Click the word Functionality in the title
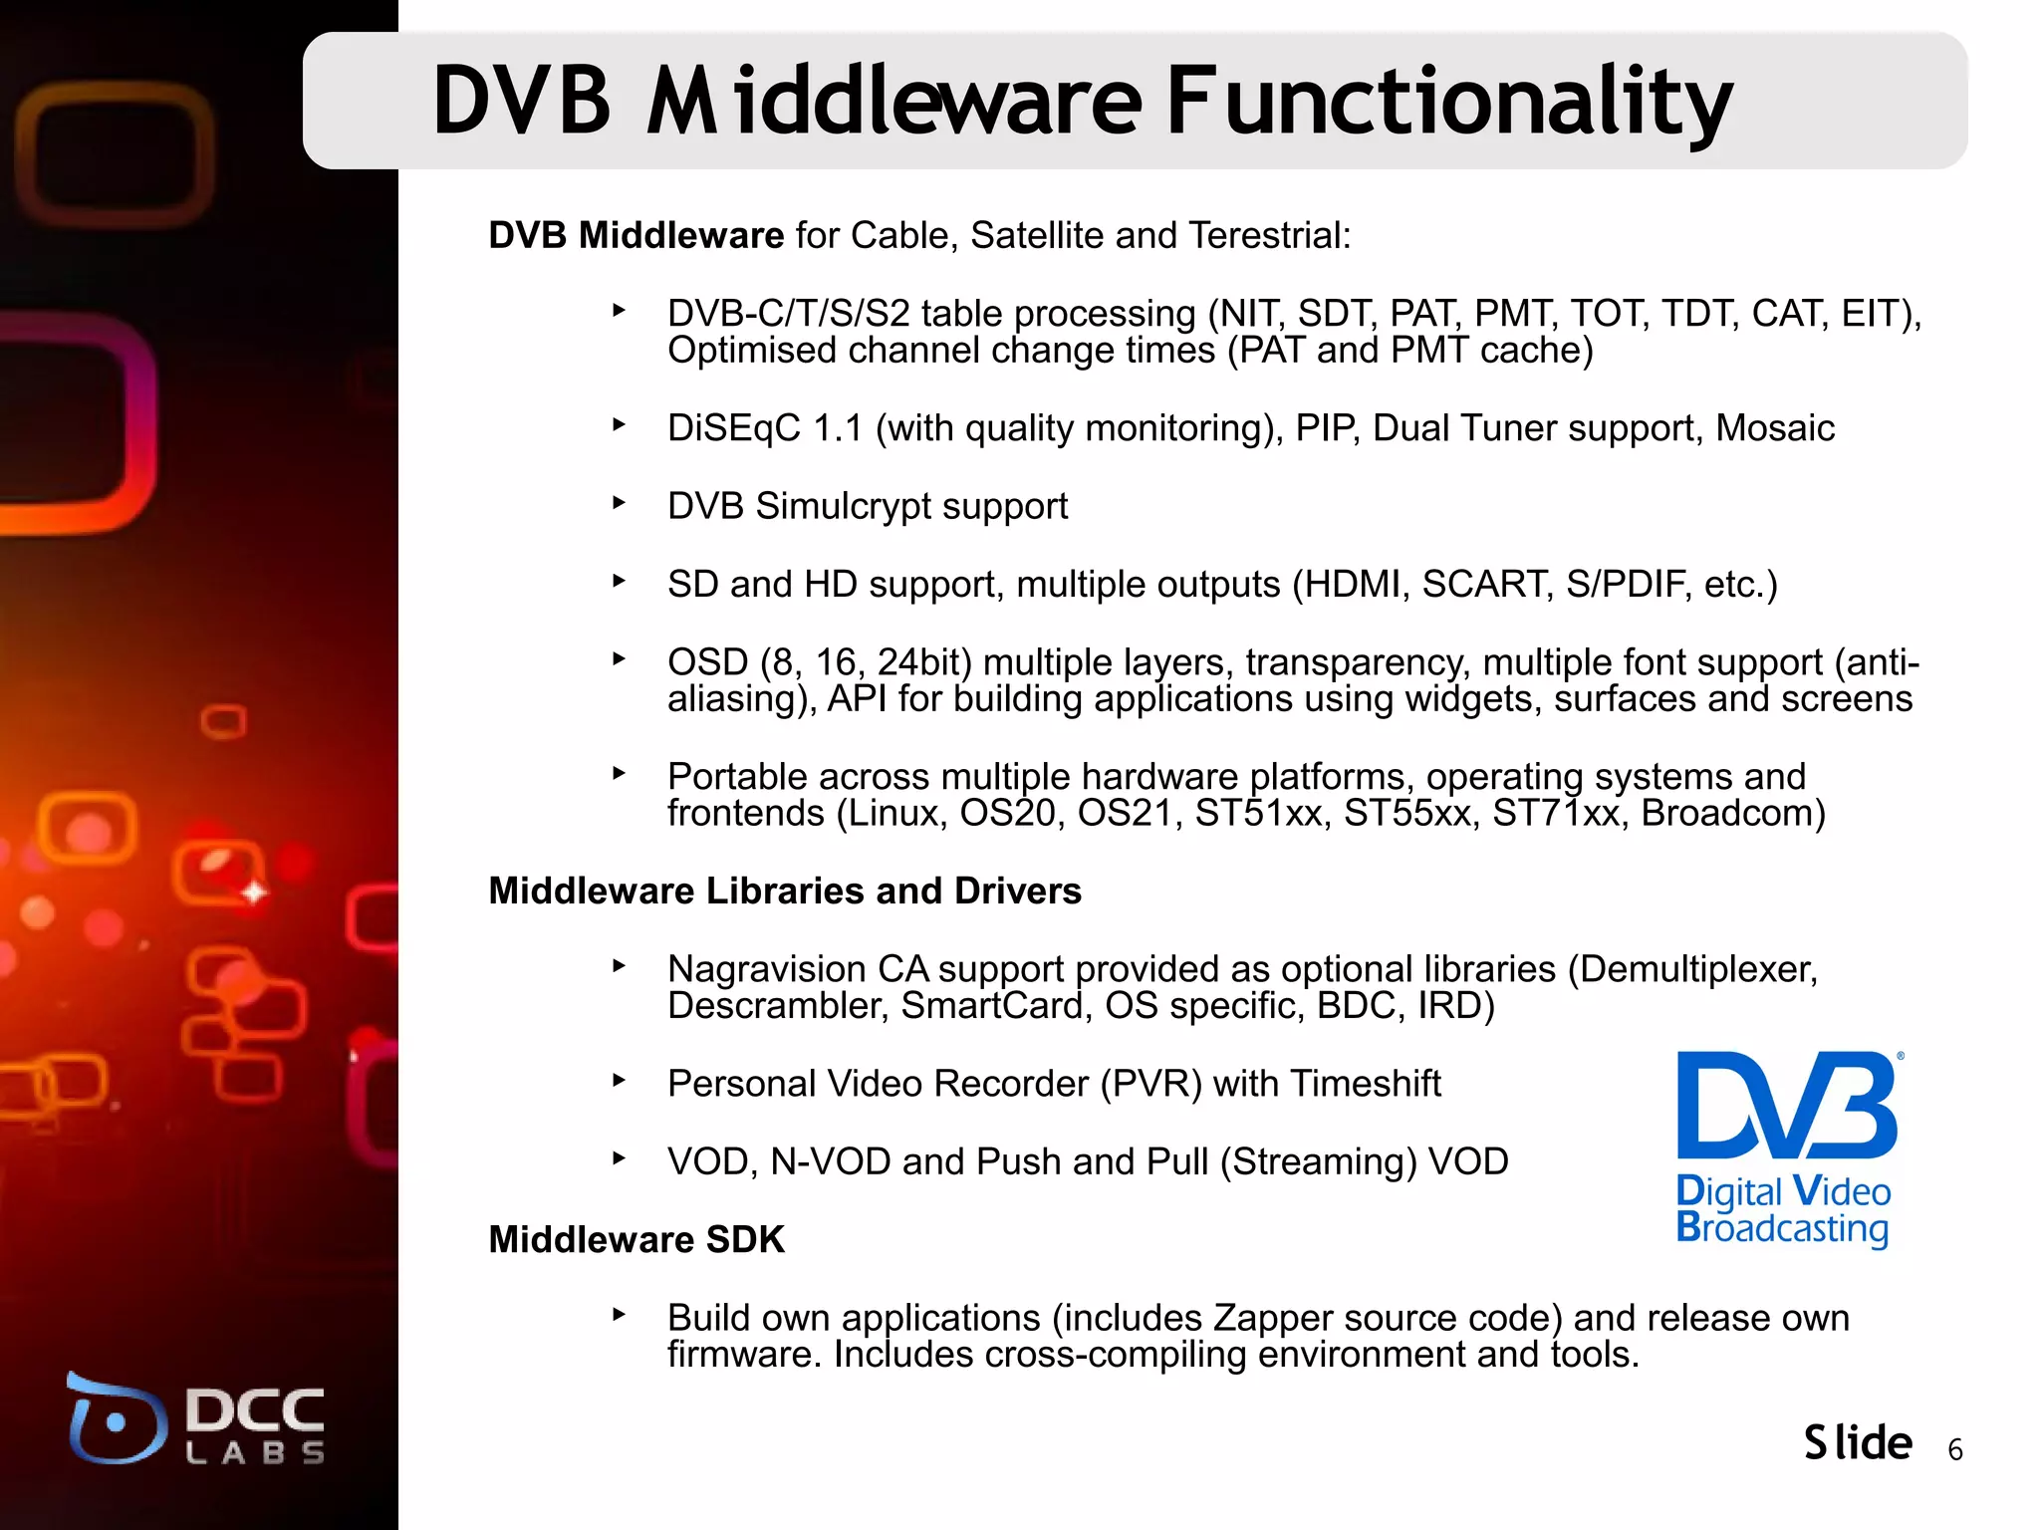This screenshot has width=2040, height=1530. pos(1449,102)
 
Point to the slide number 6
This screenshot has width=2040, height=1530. pos(1955,1450)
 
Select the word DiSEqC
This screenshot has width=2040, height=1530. pos(733,428)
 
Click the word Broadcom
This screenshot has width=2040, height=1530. pos(1732,814)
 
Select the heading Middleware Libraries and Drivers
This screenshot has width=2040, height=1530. pos(785,892)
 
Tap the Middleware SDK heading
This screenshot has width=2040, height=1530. pos(637,1240)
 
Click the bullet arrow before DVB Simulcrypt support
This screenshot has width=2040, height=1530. pos(619,503)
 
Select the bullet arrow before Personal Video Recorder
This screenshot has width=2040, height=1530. pos(619,1080)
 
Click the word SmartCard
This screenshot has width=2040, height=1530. pos(991,1006)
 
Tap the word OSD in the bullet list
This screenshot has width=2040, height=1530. pos(707,662)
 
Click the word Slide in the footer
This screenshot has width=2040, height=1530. pos(1858,1443)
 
